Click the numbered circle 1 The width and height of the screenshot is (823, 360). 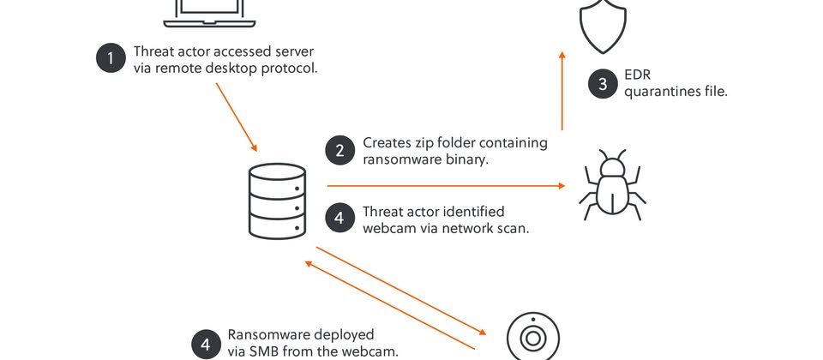pyautogui.click(x=111, y=57)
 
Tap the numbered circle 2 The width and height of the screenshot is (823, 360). pyautogui.click(x=339, y=151)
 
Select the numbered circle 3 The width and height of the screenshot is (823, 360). pyautogui.click(x=603, y=84)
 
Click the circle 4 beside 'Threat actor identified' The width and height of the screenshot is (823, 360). pyautogui.click(x=339, y=218)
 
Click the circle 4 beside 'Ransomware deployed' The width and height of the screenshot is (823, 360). pyautogui.click(x=206, y=345)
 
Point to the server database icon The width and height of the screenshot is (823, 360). pyautogui.click(x=277, y=201)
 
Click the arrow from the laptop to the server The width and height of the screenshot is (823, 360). pyautogui.click(x=237, y=117)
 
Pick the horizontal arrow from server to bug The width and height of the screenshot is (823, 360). pyautogui.click(x=446, y=186)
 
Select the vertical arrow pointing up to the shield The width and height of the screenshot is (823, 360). pyautogui.click(x=562, y=90)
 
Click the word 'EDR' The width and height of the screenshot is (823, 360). pyautogui.click(x=637, y=75)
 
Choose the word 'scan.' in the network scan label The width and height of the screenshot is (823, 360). pyautogui.click(x=511, y=228)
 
